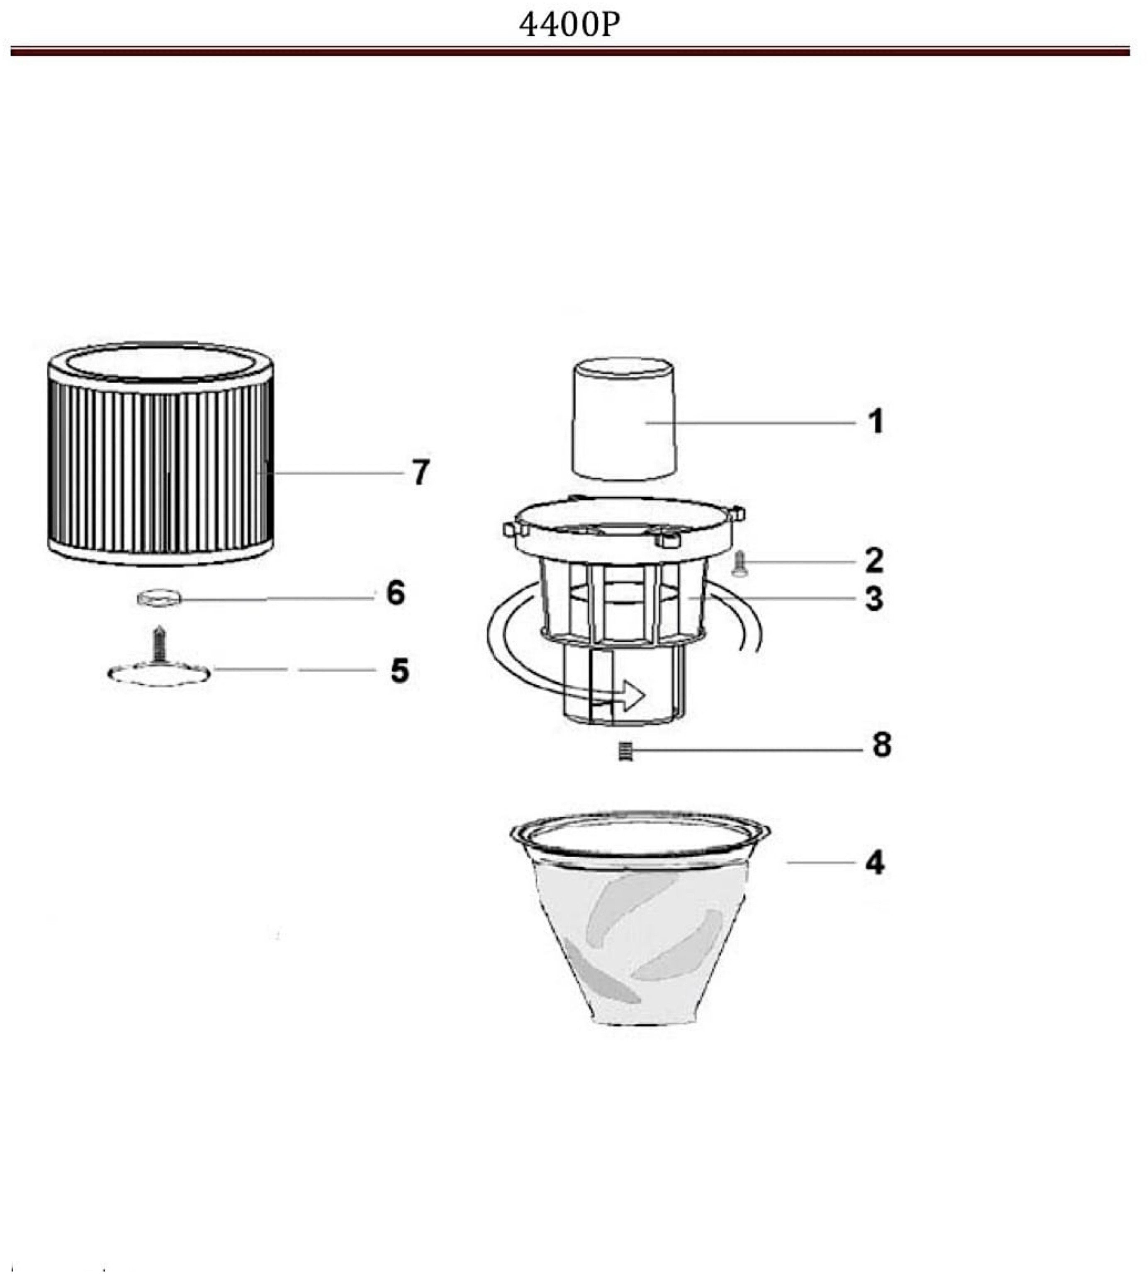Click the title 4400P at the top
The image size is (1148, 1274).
click(569, 25)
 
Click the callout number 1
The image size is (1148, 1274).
click(876, 421)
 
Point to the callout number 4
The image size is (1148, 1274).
click(875, 862)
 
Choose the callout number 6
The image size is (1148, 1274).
click(396, 593)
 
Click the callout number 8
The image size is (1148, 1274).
click(882, 744)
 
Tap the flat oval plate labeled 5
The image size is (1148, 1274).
click(159, 674)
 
